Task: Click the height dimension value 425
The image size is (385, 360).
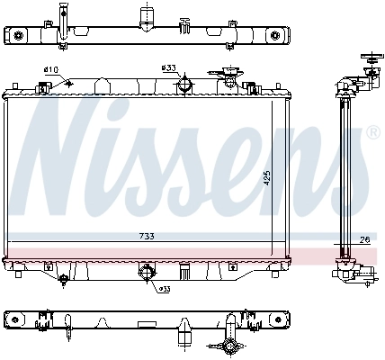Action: tap(265, 178)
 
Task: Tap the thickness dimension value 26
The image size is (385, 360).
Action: tap(363, 239)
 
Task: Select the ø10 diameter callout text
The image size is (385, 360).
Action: tap(50, 69)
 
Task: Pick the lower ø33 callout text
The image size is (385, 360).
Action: tap(164, 289)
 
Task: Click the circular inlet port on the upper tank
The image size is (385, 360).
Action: tap(184, 85)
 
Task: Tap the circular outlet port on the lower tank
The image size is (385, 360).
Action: tap(146, 274)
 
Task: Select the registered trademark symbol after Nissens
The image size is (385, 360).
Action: tap(372, 132)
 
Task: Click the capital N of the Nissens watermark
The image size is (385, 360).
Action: tap(63, 144)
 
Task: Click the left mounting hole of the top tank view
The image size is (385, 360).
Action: tap(17, 35)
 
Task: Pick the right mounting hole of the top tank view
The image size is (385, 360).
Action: tap(274, 35)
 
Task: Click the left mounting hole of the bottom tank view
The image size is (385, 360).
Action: tap(13, 319)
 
